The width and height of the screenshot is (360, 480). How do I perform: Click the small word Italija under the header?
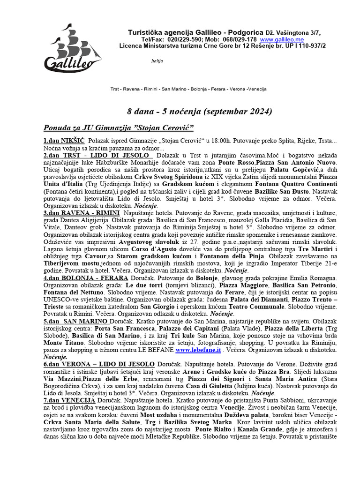pos(157,61)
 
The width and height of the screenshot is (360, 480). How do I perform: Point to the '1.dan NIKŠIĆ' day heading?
pos(64,141)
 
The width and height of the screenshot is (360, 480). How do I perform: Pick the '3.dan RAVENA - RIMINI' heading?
pos(81,212)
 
